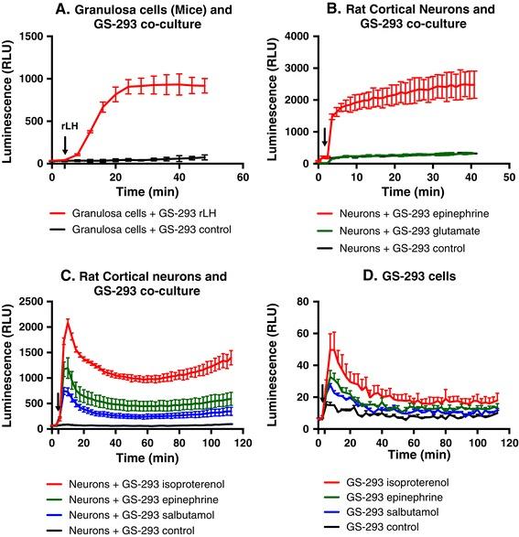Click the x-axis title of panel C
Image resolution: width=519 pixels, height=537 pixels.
pos(143,454)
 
